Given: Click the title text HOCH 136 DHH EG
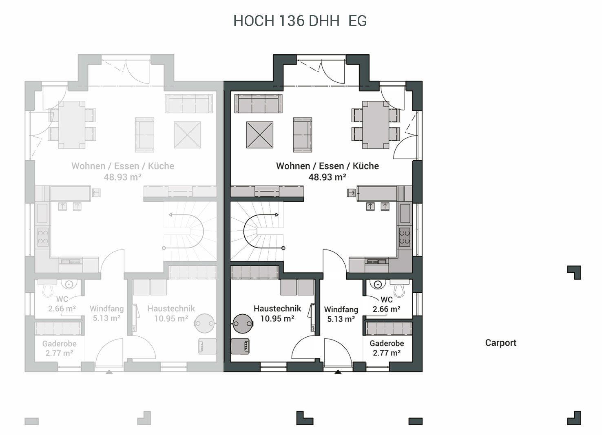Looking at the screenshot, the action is [300, 21].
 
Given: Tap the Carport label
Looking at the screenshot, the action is [501, 343].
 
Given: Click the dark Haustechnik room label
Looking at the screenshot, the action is [277, 309].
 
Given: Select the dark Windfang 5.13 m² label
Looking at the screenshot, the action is [341, 314].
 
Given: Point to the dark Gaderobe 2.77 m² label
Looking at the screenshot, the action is [387, 348].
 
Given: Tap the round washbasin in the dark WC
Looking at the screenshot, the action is [378, 284].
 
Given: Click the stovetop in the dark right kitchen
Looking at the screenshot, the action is [405, 237].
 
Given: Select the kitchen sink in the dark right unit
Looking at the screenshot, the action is [376, 261].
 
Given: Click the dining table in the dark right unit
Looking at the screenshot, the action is [376, 125].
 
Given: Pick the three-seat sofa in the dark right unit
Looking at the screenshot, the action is [258, 104].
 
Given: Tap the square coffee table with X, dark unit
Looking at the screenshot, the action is [260, 135].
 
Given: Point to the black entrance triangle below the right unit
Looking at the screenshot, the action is [338, 372].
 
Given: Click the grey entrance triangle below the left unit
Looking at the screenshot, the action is [109, 372].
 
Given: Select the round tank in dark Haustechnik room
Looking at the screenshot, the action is [243, 323].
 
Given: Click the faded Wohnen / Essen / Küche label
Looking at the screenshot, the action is [123, 166].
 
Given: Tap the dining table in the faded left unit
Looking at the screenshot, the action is [72, 125].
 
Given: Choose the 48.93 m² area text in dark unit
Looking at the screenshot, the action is [327, 177].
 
